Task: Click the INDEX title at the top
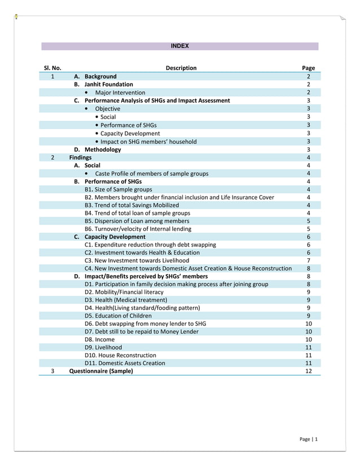(x=180, y=46)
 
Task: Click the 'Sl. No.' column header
(x=52, y=68)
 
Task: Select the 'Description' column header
(x=181, y=68)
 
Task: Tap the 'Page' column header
(x=309, y=68)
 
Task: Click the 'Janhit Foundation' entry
(x=109, y=84)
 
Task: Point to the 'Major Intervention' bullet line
(x=120, y=93)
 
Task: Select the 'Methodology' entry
(x=103, y=150)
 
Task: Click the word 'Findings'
(x=80, y=157)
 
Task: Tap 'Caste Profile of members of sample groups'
(x=151, y=174)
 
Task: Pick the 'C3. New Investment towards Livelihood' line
(x=137, y=261)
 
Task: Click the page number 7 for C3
(x=309, y=261)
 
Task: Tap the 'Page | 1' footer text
(x=308, y=439)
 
